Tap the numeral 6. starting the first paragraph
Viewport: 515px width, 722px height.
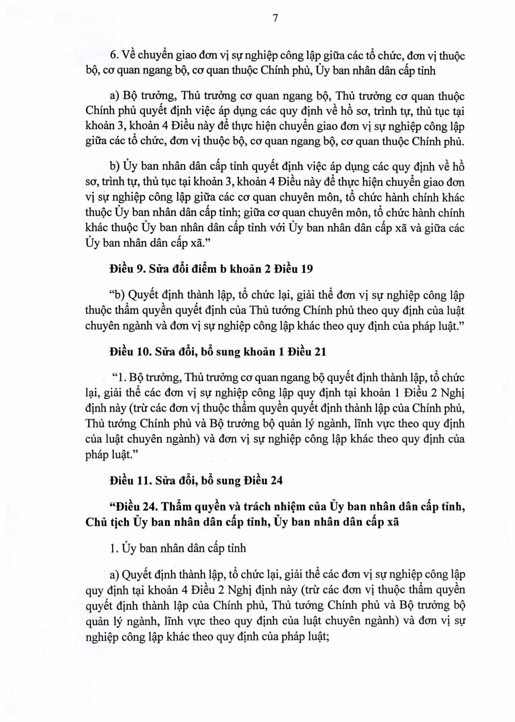point(114,56)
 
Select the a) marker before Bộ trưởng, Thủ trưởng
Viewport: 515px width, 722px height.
point(114,96)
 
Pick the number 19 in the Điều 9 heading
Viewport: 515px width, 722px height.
point(307,269)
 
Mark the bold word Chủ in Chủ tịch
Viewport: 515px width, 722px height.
point(96,522)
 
